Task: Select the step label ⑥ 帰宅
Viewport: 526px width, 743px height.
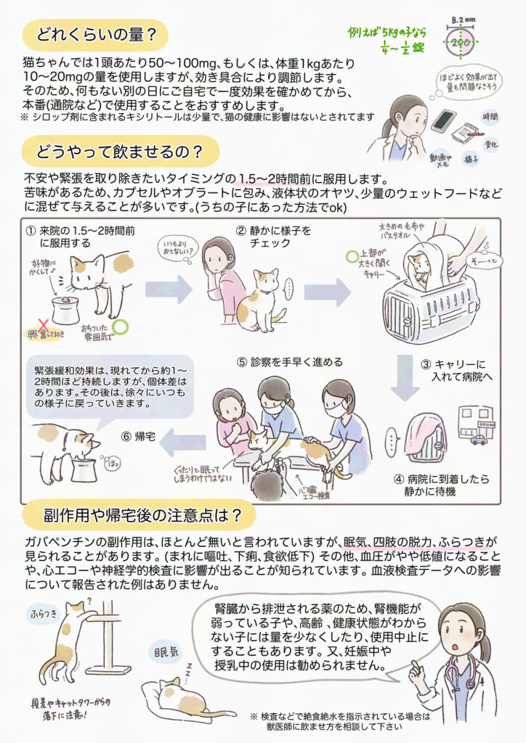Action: (141, 436)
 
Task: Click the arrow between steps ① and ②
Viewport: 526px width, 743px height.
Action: (169, 290)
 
